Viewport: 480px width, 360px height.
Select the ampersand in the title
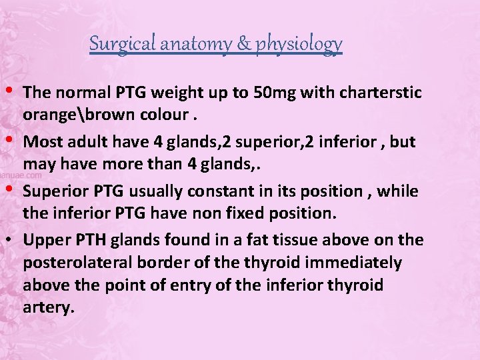(x=241, y=44)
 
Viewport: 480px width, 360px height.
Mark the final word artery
(x=47, y=308)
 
